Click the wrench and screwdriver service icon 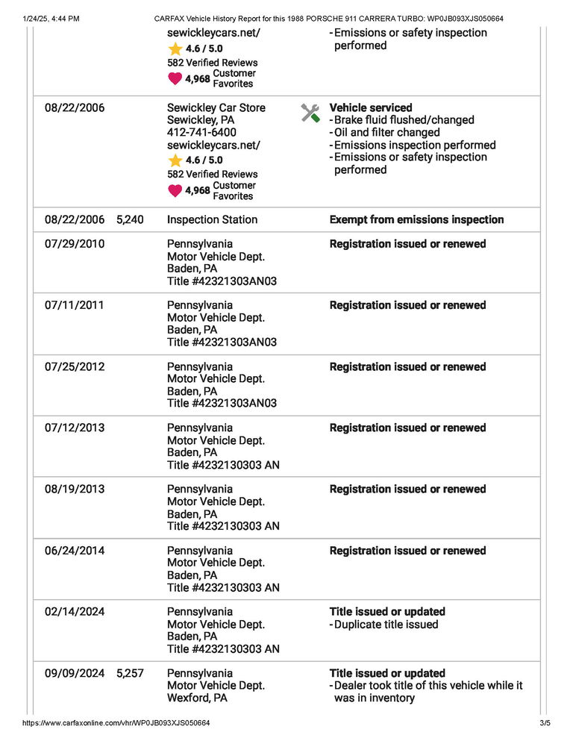click(x=310, y=113)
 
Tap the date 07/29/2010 click(x=75, y=244)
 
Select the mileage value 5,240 click(x=130, y=219)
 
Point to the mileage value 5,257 click(x=130, y=673)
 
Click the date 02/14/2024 click(x=75, y=612)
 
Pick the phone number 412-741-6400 click(x=201, y=133)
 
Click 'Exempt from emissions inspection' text click(x=416, y=219)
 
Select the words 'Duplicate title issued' click(x=386, y=625)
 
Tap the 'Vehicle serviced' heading click(x=371, y=107)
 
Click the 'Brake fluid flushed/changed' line click(x=404, y=120)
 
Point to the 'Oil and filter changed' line click(x=386, y=133)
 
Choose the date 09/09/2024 click(x=75, y=673)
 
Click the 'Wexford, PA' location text click(x=197, y=698)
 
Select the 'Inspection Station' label click(x=212, y=219)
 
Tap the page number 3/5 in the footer click(x=544, y=723)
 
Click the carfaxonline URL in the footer click(x=116, y=723)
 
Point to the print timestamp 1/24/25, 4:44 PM click(x=51, y=18)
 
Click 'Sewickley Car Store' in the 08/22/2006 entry click(x=216, y=107)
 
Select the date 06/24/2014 click(x=75, y=551)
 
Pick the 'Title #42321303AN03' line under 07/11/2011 click(x=222, y=343)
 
